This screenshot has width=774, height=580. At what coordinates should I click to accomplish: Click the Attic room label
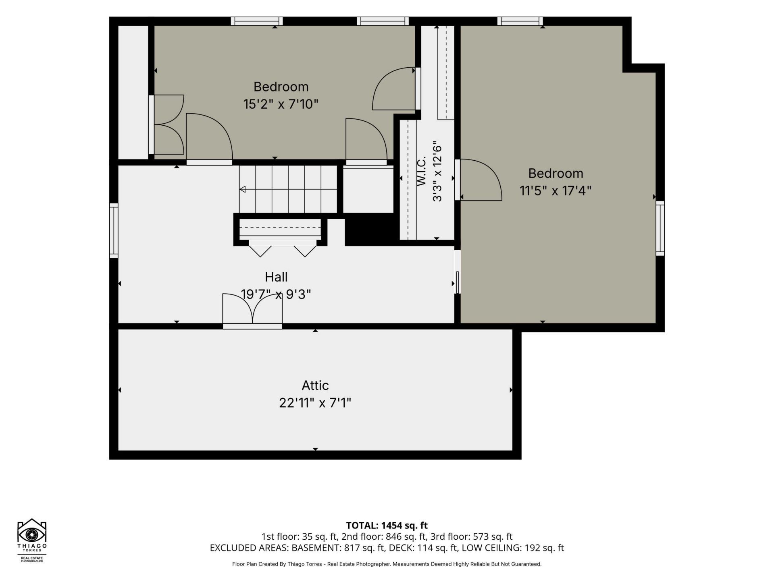click(x=315, y=385)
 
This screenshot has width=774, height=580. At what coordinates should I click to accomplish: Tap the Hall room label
click(x=276, y=277)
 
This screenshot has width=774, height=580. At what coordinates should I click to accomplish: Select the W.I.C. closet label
click(x=422, y=172)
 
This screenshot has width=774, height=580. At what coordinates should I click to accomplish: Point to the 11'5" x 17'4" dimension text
click(x=556, y=191)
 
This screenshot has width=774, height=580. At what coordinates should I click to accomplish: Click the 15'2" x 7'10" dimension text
click(x=281, y=104)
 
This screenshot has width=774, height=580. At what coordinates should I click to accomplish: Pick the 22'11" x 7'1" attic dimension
click(x=315, y=403)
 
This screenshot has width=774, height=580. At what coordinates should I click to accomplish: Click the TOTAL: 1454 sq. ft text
click(x=387, y=525)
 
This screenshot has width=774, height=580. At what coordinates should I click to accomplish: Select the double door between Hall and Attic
click(x=252, y=310)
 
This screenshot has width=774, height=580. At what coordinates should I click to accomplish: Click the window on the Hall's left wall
click(x=114, y=230)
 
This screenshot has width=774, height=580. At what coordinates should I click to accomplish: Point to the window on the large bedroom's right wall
click(x=660, y=228)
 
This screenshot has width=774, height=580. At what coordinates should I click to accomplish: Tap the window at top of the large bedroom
click(x=520, y=21)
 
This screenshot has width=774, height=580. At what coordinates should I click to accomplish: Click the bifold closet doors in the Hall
click(x=282, y=248)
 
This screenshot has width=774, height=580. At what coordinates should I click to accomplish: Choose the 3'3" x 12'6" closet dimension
click(x=437, y=171)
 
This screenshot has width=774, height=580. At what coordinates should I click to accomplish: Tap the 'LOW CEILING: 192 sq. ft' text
click(x=513, y=548)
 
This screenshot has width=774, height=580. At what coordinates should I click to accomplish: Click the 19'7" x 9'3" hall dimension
click(x=276, y=294)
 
